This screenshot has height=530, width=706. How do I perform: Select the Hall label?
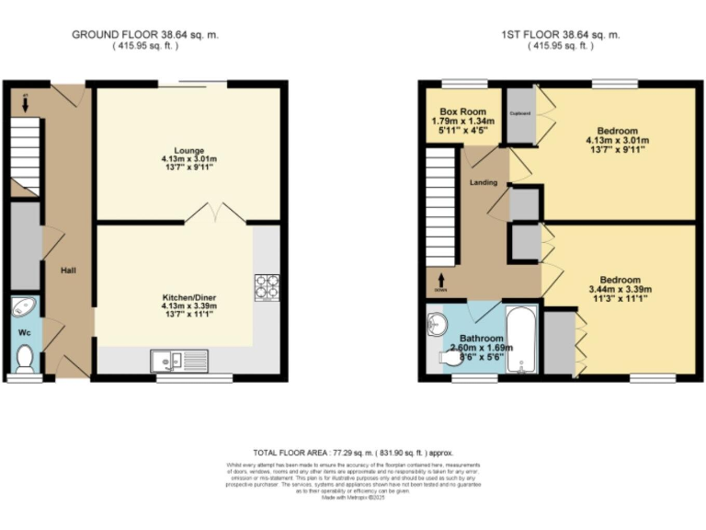(x=68, y=270)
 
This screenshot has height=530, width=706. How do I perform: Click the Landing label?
(x=484, y=182)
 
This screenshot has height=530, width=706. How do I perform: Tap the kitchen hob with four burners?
(x=267, y=287)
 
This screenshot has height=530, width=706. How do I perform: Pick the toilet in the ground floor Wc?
(x=25, y=358)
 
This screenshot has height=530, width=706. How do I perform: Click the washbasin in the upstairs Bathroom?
(x=437, y=324)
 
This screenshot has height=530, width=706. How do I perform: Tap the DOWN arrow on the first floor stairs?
(x=442, y=279)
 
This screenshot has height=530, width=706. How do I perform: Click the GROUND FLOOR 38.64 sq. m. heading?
(x=145, y=35)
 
